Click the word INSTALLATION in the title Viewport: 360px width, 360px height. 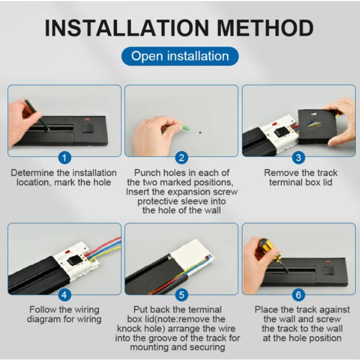tap(127, 28)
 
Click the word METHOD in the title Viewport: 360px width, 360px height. tap(265, 28)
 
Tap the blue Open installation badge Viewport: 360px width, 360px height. tap(180, 56)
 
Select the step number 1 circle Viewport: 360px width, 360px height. tap(64, 158)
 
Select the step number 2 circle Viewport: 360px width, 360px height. tap(182, 158)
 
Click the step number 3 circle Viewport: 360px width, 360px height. tap(298, 158)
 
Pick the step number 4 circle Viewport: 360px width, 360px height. tap(64, 295)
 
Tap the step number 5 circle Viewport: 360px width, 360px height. tap(182, 295)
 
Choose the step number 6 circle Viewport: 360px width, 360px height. tap(298, 295)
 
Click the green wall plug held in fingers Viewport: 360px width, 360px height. tap(186, 127)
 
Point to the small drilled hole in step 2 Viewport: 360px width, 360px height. tap(200, 132)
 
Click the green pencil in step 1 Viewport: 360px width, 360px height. tap(37, 115)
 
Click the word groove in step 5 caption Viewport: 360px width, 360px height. tap(165, 338)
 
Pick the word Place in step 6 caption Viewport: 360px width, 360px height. tap(267, 310)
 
